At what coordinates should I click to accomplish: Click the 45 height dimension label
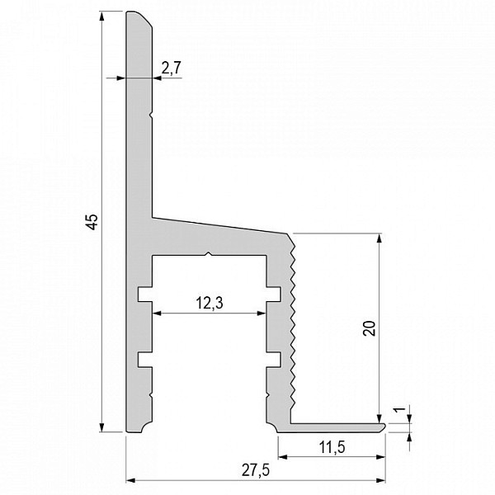coord(92,222)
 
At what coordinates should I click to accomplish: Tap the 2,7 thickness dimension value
coord(172,68)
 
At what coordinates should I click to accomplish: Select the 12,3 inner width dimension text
coord(210,303)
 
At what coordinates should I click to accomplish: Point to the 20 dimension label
coord(369,328)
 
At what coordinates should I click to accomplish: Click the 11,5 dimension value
coord(332,447)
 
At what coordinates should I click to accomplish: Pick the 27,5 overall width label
coord(256,471)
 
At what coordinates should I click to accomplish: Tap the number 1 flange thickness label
coord(400,410)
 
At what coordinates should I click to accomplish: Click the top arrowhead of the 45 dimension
coord(101,16)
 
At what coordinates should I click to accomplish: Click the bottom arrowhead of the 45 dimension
coord(101,427)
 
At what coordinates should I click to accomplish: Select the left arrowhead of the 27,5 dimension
coord(130,481)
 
